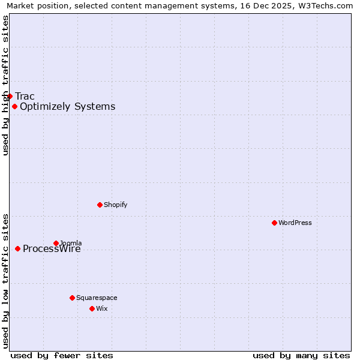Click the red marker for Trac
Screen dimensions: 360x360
pos(10,96)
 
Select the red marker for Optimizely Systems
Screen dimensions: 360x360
pos(14,106)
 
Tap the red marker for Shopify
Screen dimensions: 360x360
pos(100,205)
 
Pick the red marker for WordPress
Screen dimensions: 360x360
pos(274,223)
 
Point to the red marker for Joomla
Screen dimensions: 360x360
pos(56,243)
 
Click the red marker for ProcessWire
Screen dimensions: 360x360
pos(17,248)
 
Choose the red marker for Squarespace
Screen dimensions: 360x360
pos(72,298)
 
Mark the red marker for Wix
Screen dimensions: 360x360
pos(92,308)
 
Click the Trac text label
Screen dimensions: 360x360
pos(25,96)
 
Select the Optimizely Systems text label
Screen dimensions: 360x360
pos(67,107)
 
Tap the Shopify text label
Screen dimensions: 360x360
pos(115,205)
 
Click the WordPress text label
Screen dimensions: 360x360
pos(295,223)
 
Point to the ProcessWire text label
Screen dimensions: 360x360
pos(52,249)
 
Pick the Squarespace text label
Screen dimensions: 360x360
pos(97,298)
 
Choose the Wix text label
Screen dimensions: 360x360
pos(101,308)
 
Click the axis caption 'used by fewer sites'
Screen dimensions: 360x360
pos(62,355)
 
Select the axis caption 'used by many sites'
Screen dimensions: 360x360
pos(301,355)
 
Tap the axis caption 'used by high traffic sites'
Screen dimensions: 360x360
pos(5,85)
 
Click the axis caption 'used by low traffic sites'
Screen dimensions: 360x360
pos(5,281)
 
